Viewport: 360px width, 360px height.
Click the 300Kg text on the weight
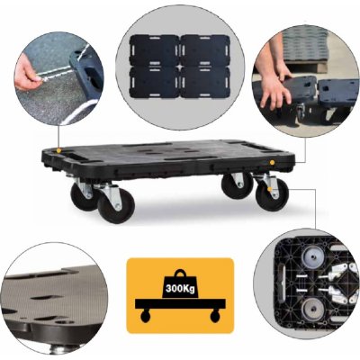[180, 289]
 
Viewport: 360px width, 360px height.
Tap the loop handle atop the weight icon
[180, 273]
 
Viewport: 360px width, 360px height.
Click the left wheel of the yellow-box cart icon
[145, 316]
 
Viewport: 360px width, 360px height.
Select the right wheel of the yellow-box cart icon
[215, 316]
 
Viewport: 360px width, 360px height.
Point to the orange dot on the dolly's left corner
[58, 149]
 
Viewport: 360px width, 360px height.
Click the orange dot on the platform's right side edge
[272, 162]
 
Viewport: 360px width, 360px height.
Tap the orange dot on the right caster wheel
[270, 189]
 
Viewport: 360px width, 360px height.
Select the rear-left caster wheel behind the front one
[83, 195]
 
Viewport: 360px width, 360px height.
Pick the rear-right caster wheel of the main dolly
[236, 185]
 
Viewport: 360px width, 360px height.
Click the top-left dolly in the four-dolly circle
[155, 50]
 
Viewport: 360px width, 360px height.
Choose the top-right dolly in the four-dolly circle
[205, 50]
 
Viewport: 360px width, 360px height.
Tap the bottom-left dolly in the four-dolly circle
[155, 82]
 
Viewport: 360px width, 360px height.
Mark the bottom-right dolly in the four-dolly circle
[205, 82]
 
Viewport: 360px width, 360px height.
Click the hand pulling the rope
[29, 75]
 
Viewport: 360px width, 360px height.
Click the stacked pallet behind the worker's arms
[306, 49]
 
